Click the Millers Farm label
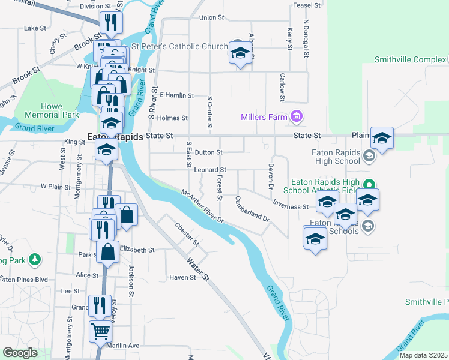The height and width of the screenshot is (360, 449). point(264,117)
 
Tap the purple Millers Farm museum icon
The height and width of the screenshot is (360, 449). point(296,116)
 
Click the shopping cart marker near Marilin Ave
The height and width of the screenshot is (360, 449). point(100,331)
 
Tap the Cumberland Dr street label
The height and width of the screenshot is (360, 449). point(252,209)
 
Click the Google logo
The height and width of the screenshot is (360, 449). point(20,353)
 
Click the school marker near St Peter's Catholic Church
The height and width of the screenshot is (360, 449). point(240,53)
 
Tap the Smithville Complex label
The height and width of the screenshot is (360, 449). point(408,60)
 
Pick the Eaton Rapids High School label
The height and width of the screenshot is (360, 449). point(336,157)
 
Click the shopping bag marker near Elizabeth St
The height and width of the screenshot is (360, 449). point(108,252)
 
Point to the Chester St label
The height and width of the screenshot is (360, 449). point(187,235)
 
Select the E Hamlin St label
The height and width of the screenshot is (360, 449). point(177,95)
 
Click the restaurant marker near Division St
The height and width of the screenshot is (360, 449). point(110,23)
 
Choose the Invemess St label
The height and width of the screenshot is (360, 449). point(290,206)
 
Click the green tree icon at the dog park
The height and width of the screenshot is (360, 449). point(36,260)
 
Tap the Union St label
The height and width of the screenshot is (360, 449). point(211,18)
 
